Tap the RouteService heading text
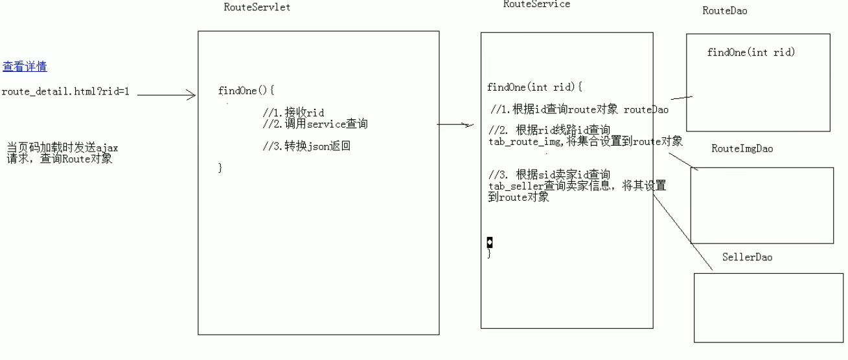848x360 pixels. coord(536,4)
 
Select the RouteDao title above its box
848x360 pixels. coord(724,11)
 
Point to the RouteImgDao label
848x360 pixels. coord(742,149)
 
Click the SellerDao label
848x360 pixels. coord(747,258)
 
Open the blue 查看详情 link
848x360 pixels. coord(25,67)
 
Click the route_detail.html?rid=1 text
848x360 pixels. coord(65,91)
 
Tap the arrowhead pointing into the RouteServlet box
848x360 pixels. coord(191,96)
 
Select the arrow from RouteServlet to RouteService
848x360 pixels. coord(457,124)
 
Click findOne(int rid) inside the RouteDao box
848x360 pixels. coord(751,52)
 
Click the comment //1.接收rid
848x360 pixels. coord(293,113)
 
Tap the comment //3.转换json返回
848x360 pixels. coord(306,146)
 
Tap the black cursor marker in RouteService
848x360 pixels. coord(490,242)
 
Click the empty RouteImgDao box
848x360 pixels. coord(762,205)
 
